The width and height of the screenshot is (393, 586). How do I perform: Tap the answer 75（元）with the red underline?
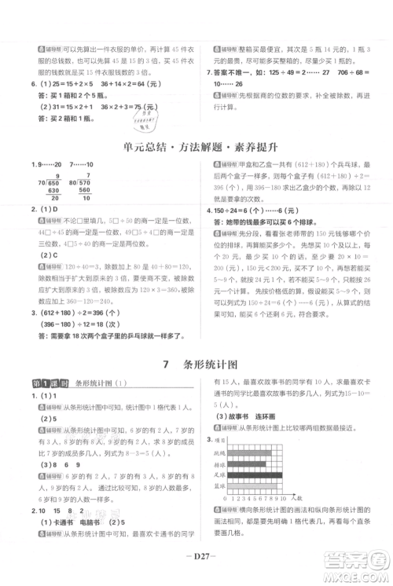coord(141,107)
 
